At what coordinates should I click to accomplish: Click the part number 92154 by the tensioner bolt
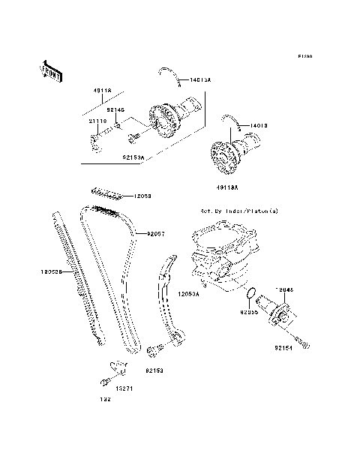click(x=283, y=348)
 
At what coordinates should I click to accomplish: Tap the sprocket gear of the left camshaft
click(x=160, y=121)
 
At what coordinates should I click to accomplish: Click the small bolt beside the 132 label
click(x=98, y=384)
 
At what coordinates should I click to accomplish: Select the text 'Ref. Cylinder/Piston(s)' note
click(x=233, y=212)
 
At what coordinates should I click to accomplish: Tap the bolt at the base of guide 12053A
click(x=156, y=349)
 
